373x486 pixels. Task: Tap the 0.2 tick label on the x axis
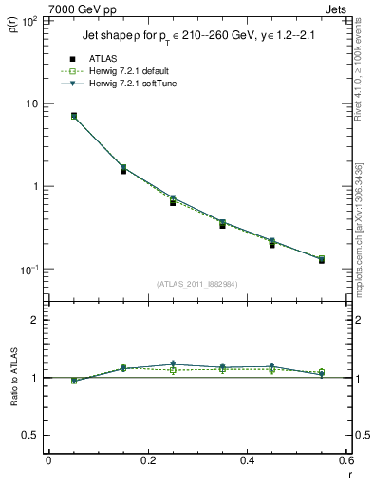pos(148,461)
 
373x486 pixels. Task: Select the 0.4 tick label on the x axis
pos(248,461)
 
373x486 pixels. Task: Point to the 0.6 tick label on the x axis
pos(346,461)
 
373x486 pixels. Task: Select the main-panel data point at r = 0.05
pos(74,116)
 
